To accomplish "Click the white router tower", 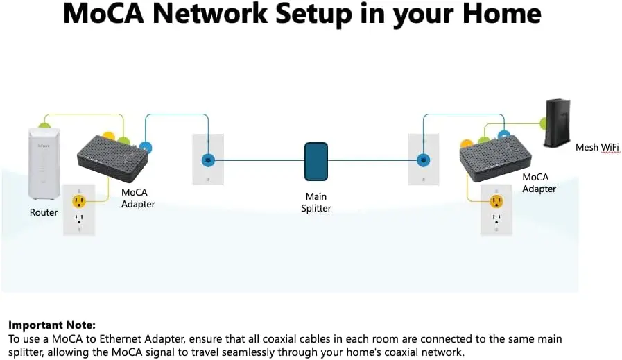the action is click(44, 163).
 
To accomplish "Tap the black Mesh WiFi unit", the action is click(558, 123).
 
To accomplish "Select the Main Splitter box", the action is click(316, 162).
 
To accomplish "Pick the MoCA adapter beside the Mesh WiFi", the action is click(496, 159).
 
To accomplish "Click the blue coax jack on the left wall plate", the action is click(208, 160).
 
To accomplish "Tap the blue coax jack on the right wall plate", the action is click(424, 160).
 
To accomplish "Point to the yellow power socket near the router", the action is click(79, 201).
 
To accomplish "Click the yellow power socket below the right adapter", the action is click(496, 201).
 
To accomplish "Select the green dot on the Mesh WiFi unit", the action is click(543, 123).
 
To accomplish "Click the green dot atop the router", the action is click(44, 126).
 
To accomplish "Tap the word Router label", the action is click(44, 212).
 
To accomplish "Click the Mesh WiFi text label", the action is click(597, 147).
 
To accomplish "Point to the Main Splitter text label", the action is click(316, 203).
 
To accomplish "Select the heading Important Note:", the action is click(52, 325).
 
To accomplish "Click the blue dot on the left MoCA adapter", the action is click(146, 148).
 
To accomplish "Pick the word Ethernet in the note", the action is click(121, 339).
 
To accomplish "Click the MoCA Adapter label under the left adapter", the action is click(138, 198).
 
